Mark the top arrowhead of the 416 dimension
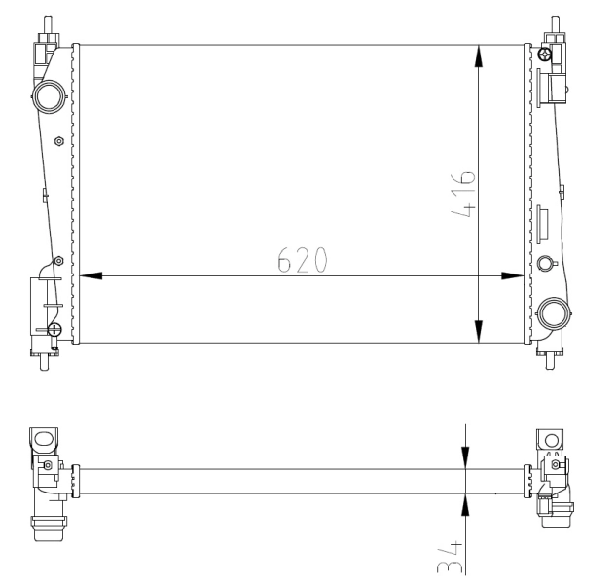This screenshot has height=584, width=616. tap(478, 55)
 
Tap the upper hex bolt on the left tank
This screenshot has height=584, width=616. tap(59, 140)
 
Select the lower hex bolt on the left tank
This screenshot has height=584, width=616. tap(58, 260)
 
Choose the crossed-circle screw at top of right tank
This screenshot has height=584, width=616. tap(546, 55)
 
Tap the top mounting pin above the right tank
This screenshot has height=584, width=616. tap(554, 23)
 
